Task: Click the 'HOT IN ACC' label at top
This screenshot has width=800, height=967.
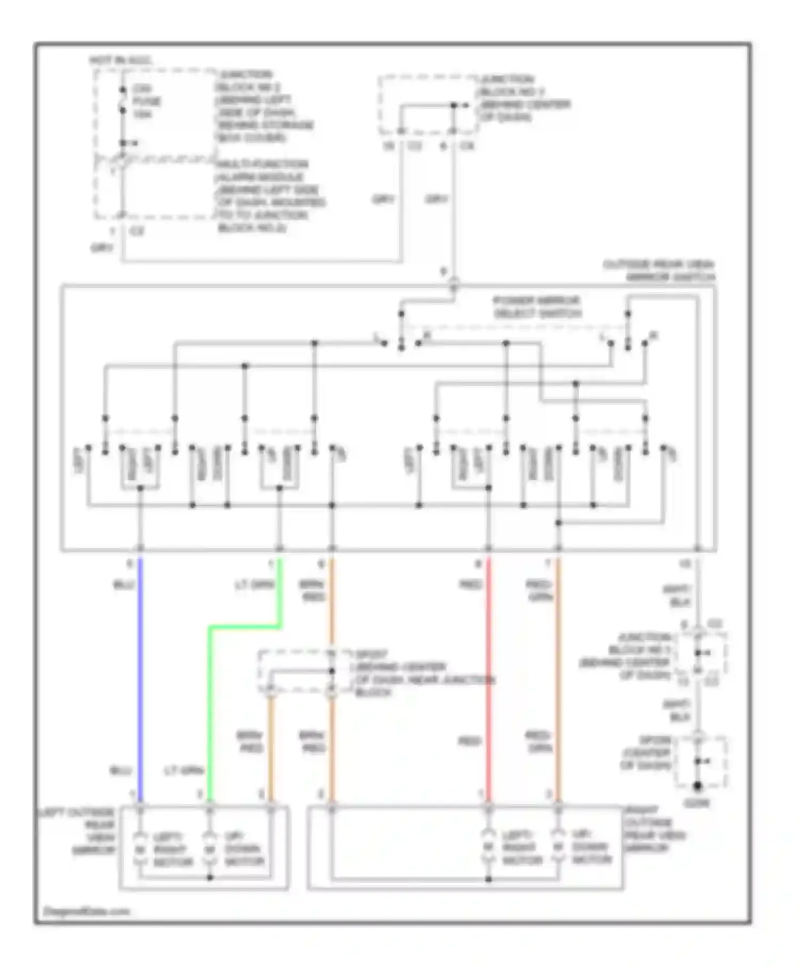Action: [x=121, y=60]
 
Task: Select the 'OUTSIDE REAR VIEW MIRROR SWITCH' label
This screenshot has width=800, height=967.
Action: [x=660, y=271]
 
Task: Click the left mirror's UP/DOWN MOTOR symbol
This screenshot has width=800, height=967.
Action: [x=210, y=848]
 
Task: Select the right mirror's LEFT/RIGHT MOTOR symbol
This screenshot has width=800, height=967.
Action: [x=488, y=847]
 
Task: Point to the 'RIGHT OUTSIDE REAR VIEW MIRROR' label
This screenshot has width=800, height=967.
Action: [x=655, y=829]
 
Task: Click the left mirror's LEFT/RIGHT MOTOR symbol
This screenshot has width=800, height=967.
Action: [x=140, y=848]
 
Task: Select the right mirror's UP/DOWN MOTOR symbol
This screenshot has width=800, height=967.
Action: [x=558, y=847]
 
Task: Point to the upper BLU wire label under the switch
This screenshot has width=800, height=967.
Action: [x=123, y=585]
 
